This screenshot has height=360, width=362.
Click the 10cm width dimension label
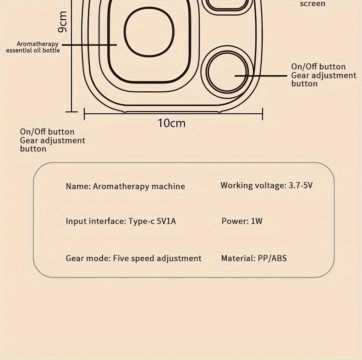(171, 123)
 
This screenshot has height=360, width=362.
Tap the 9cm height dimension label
(62, 22)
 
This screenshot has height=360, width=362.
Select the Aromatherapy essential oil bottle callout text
(33, 47)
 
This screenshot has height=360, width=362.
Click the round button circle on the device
(228, 72)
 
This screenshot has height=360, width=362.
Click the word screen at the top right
(313, 4)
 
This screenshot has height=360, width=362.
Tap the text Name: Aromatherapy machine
(126, 186)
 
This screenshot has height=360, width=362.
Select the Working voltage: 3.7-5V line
(267, 185)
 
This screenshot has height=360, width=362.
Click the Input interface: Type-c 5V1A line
(121, 221)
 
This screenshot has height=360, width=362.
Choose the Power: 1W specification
(242, 221)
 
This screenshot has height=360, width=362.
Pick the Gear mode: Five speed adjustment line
(134, 258)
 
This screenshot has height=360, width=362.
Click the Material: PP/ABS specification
(254, 258)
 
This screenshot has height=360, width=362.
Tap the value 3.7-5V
(301, 185)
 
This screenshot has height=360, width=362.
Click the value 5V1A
(166, 221)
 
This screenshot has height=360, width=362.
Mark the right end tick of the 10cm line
(263, 114)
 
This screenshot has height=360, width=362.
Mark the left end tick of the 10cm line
(84, 114)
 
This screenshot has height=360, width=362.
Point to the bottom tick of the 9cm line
(71, 112)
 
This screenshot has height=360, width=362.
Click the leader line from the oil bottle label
(89, 44)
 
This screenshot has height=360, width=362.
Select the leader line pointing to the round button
(261, 76)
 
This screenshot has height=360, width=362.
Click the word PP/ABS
(273, 258)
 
